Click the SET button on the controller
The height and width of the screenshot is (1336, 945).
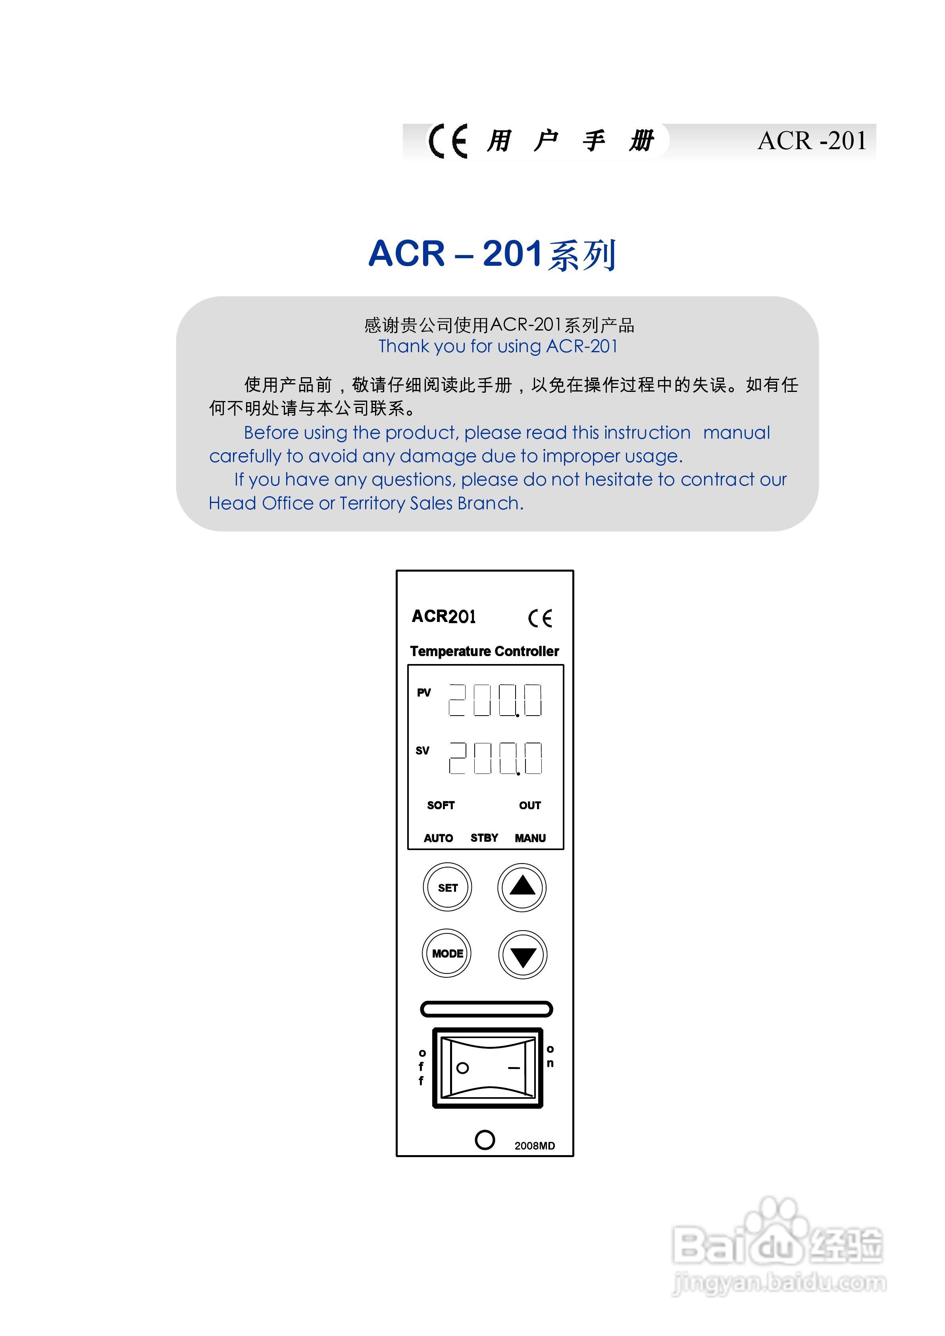447,887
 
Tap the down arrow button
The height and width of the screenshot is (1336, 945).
522,955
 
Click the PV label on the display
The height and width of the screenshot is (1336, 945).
423,693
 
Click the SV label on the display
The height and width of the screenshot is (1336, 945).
422,751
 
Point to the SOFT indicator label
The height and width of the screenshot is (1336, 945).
441,805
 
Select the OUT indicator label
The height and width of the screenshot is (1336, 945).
530,805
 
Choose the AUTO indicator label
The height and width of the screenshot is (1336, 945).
439,838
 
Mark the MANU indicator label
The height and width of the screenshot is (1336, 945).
530,838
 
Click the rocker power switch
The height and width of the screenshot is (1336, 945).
487,1068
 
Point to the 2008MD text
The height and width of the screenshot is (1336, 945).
535,1146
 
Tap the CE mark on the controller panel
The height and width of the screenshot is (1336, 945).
540,618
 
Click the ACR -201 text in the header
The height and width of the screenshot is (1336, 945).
812,141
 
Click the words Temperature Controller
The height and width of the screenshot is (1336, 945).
485,651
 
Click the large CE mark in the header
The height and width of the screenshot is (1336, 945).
448,141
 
